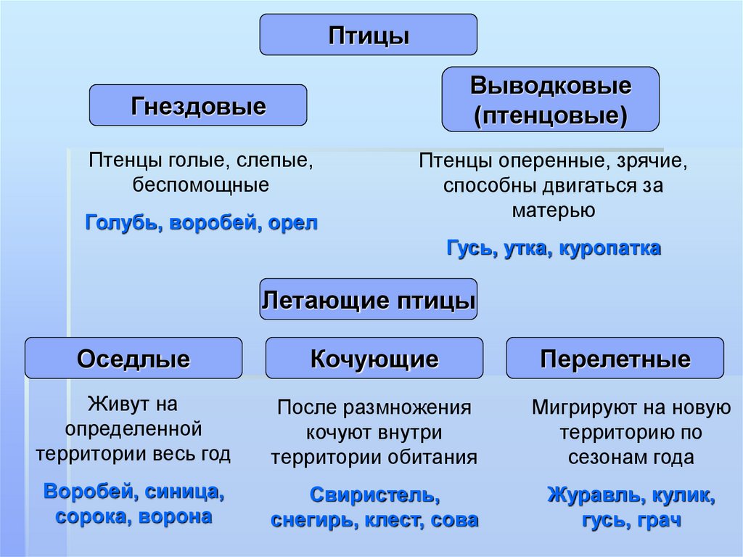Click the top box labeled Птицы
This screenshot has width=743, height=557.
369,35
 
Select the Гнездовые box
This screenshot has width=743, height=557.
198,105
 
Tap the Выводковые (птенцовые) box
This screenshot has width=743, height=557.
551,99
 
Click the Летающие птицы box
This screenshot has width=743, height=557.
369,299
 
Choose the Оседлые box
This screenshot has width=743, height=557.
134,358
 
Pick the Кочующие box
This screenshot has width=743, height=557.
374,358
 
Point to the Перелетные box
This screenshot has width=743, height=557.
615,358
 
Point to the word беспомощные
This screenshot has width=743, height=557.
201,184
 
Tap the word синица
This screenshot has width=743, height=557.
184,492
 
